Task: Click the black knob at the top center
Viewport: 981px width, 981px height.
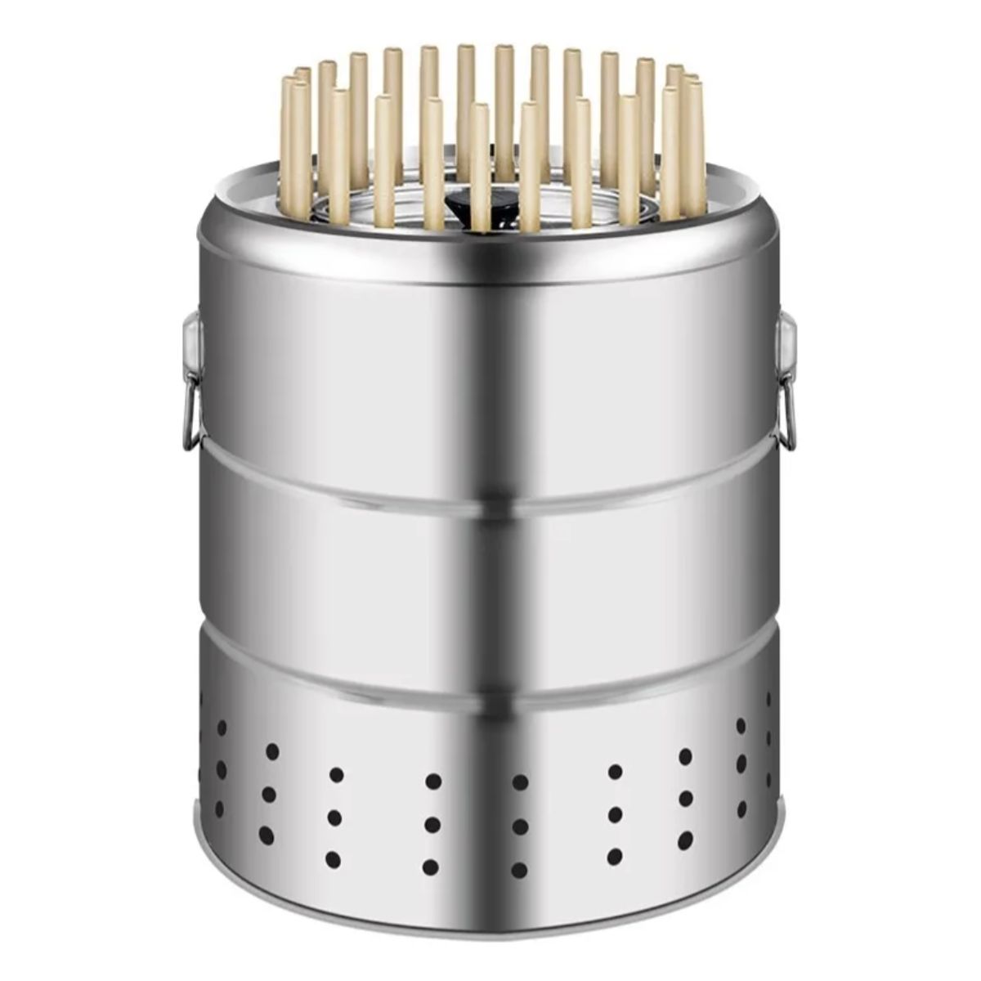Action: coord(459,201)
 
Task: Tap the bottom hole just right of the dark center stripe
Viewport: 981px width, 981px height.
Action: coord(519,869)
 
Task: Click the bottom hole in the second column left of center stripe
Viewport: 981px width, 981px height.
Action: coord(334,859)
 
